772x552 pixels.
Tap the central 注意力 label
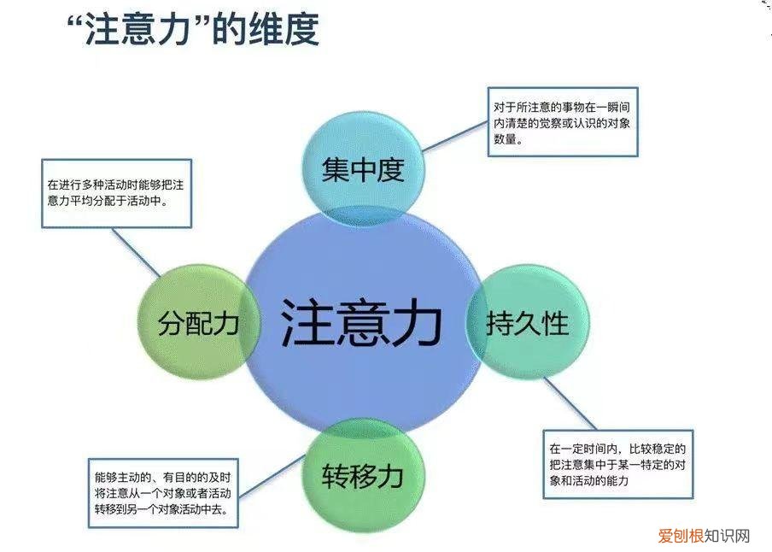point(361,323)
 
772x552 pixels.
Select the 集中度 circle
point(362,169)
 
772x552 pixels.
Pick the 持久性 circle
point(527,324)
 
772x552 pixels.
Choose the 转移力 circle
point(361,475)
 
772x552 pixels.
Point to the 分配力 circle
point(197,324)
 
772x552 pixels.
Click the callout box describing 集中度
point(563,122)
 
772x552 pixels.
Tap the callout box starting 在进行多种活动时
point(116,193)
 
